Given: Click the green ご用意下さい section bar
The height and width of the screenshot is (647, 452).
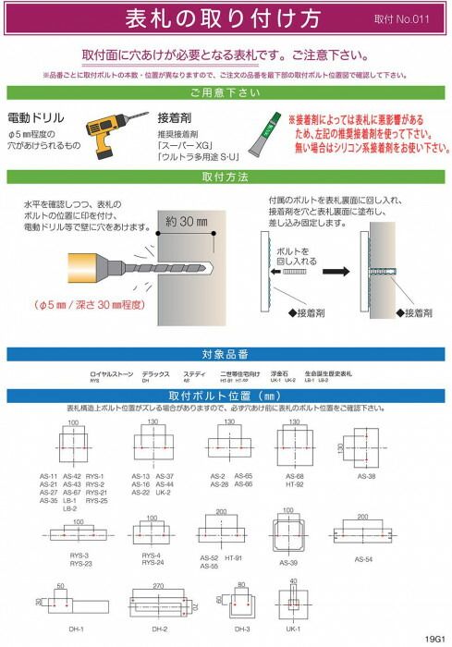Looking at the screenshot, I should [x=225, y=93].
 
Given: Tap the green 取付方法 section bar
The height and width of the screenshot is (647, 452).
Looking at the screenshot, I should [x=225, y=176].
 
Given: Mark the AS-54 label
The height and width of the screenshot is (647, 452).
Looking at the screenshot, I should [x=363, y=559].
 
